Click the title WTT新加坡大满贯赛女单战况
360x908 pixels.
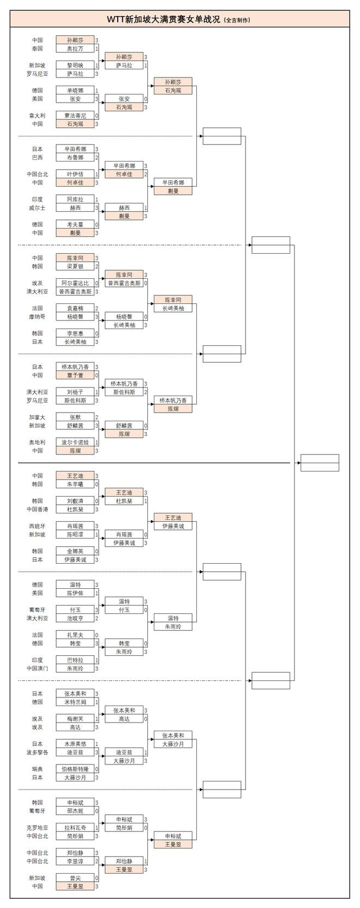[164, 19]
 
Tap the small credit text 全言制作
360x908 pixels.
[237, 20]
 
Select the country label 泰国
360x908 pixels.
[37, 49]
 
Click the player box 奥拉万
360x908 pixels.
[75, 49]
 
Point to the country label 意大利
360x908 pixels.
[37, 116]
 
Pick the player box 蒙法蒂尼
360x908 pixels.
[75, 116]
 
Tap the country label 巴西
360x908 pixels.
[37, 158]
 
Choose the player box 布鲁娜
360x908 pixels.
[75, 158]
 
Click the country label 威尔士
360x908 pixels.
[37, 208]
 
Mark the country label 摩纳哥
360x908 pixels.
[37, 316]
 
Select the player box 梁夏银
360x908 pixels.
[75, 266]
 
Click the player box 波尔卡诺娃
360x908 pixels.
[75, 443]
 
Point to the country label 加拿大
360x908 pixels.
[37, 417]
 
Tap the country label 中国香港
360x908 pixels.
[37, 509]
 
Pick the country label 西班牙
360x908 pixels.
[37, 526]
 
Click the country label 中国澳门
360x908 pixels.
[37, 668]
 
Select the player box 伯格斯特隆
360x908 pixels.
[75, 769]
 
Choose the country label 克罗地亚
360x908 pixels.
[37, 828]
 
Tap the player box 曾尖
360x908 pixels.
[75, 878]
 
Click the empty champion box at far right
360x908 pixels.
[320, 463]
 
